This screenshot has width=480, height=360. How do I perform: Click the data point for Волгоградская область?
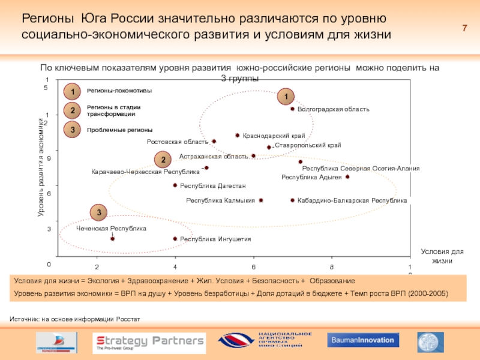point(292,109)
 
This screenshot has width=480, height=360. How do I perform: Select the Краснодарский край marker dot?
point(238,136)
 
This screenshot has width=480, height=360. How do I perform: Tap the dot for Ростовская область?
point(214,142)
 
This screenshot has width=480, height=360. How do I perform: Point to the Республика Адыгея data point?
point(347,177)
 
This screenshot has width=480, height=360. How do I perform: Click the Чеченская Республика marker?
point(112,239)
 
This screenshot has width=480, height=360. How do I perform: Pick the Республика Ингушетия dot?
point(175,239)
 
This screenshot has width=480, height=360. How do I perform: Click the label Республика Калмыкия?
point(220,200)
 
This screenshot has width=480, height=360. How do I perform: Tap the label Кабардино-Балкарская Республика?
point(352,200)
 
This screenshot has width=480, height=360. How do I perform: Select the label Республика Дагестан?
point(213,186)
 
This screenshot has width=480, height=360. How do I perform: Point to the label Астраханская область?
point(213,157)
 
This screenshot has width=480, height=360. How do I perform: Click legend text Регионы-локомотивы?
point(119,91)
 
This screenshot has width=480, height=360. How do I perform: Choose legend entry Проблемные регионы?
point(119,130)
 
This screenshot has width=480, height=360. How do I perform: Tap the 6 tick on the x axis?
point(253,266)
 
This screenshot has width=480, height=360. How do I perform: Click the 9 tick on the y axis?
point(48,158)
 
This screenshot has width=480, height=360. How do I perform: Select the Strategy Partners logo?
point(150,342)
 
